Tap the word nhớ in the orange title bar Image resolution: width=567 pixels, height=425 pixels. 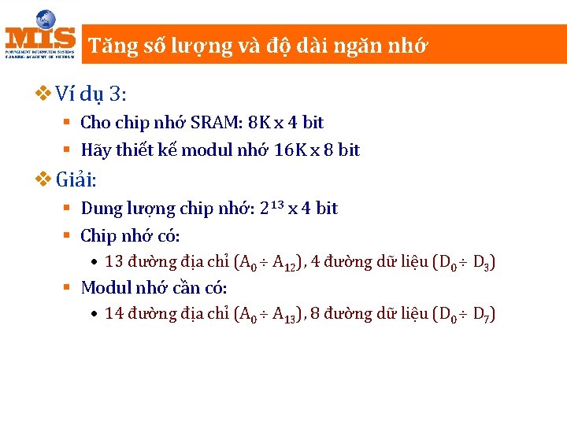(x=409, y=46)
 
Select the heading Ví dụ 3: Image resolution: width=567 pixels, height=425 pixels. (x=91, y=94)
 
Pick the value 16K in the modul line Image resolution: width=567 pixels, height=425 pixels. (x=288, y=150)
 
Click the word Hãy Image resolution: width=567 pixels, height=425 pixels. (x=96, y=150)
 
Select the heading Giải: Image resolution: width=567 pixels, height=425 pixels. (x=76, y=180)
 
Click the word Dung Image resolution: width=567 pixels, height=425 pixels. (x=98, y=209)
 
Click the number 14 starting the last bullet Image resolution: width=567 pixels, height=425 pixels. (x=113, y=314)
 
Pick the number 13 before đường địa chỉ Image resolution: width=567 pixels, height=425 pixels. (x=113, y=262)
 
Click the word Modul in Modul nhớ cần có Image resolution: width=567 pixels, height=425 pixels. (x=104, y=287)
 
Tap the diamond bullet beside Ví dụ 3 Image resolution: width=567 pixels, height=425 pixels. (x=44, y=94)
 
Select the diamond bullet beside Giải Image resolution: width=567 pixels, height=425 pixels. (x=44, y=180)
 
